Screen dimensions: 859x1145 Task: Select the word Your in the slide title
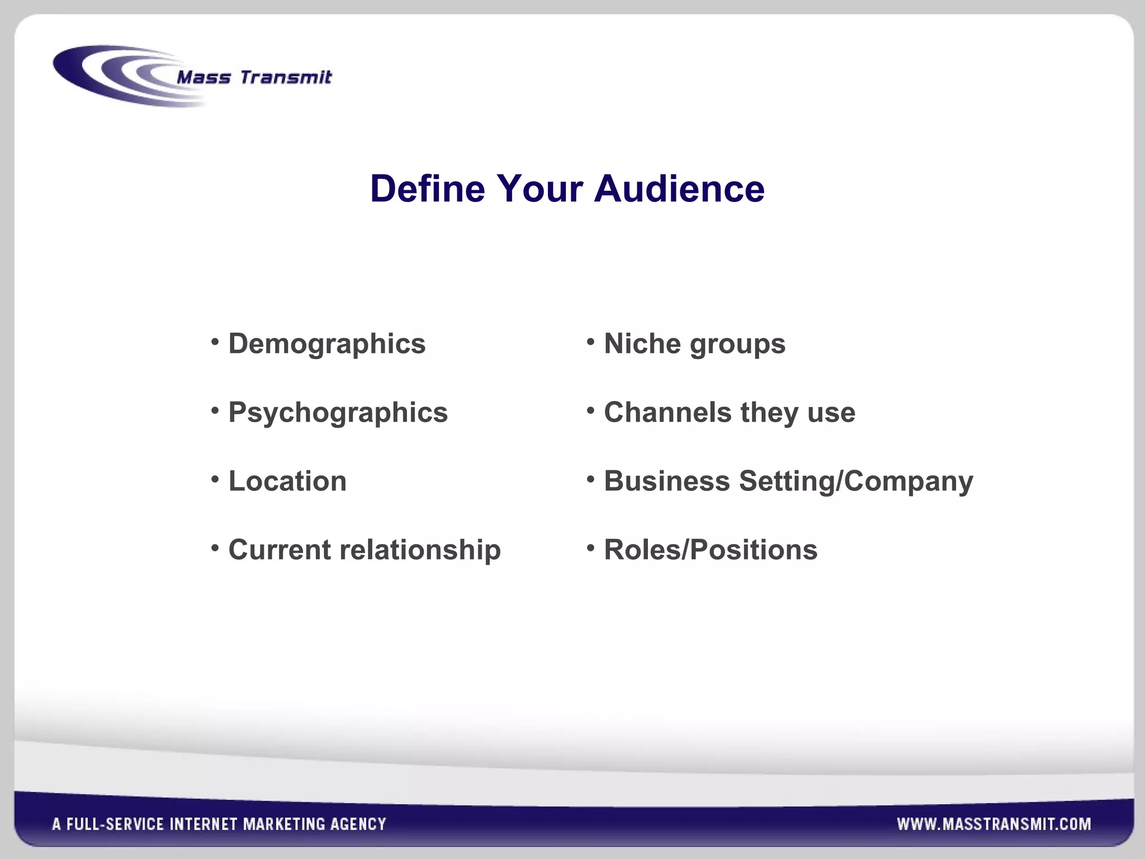tap(540, 188)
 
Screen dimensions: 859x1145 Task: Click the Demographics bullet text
tap(327, 344)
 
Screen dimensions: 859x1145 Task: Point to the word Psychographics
tap(338, 413)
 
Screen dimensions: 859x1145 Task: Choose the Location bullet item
tap(287, 482)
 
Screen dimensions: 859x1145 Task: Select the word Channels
tap(668, 413)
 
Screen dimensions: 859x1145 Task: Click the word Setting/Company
tap(856, 482)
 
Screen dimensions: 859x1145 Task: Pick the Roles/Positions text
tap(711, 550)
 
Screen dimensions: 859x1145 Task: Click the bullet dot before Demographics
tap(215, 341)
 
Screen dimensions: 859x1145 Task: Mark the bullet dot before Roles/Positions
tap(590, 548)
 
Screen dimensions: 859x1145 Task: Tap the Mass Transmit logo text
tap(254, 77)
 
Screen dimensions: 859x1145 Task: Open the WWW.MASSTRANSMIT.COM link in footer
tap(993, 824)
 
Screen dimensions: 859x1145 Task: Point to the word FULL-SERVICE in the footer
tap(115, 824)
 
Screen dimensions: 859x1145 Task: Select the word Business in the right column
tap(666, 482)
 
